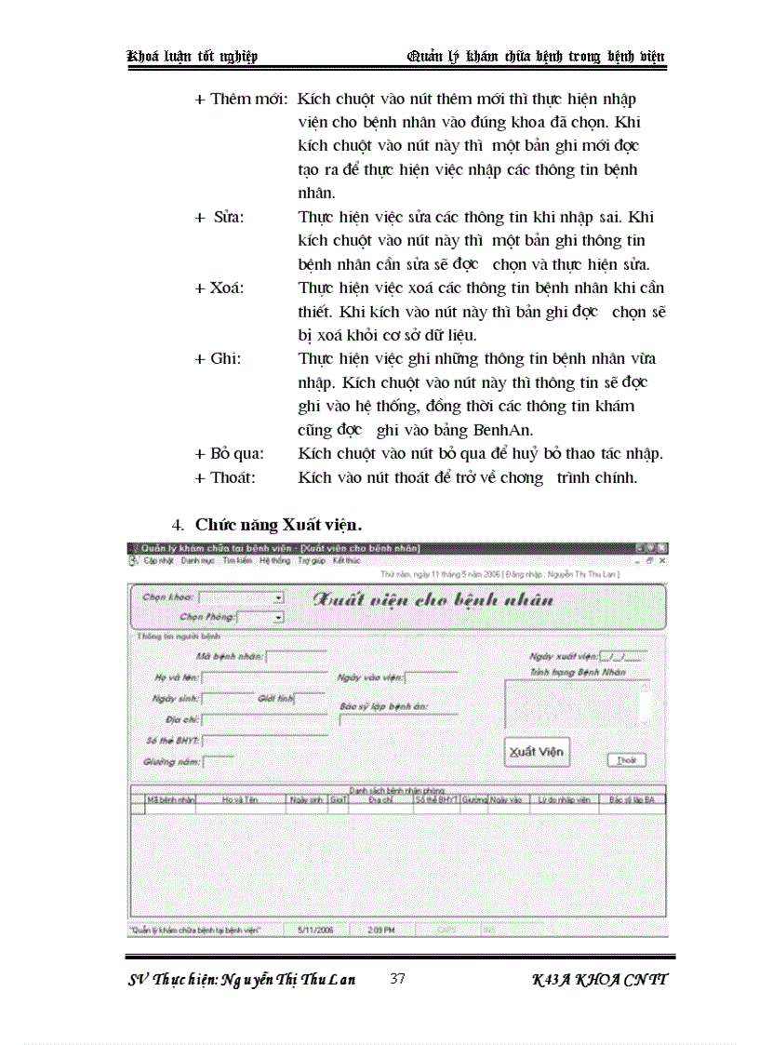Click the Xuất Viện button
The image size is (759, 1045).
(537, 752)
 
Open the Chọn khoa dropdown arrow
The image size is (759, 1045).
(278, 597)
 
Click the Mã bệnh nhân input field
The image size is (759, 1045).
(297, 656)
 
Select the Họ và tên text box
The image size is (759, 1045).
(264, 677)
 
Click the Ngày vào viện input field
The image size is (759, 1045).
(431, 677)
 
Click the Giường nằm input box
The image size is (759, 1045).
(219, 761)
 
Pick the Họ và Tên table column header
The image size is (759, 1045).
(239, 799)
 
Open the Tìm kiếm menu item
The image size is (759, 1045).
(237, 561)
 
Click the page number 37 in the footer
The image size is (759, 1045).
(397, 978)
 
